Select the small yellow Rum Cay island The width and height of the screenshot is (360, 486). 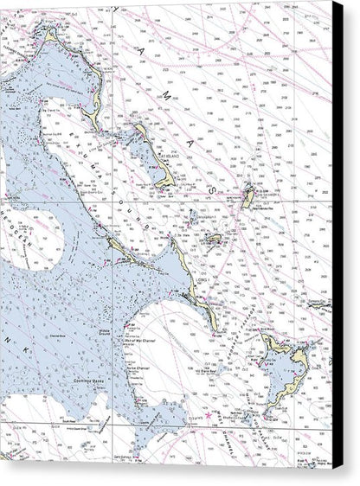click(212, 238)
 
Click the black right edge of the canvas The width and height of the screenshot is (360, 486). click(337, 242)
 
